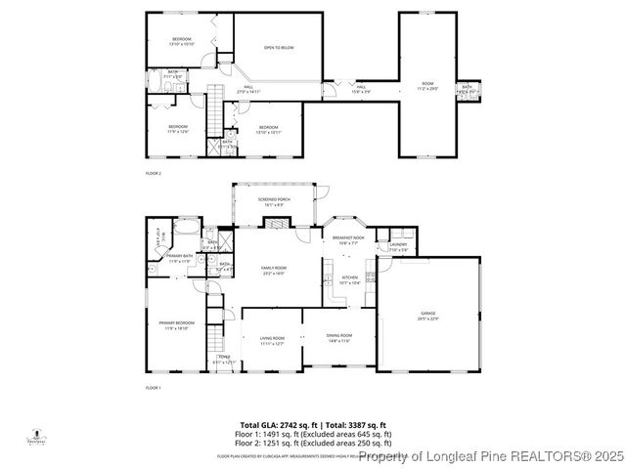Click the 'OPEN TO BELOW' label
[278, 47]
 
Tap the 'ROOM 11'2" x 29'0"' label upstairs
[426, 85]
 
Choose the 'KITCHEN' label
[349, 279]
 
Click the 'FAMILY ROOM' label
[273, 270]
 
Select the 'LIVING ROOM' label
[272, 341]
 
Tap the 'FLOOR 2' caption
[153, 173]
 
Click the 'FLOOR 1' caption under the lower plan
[153, 389]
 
